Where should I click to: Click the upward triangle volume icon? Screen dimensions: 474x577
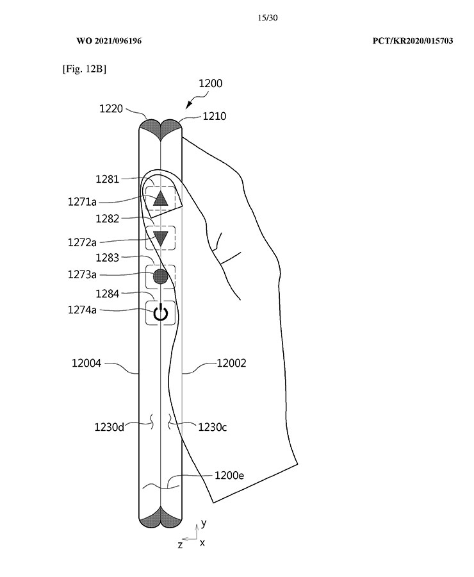click(160, 199)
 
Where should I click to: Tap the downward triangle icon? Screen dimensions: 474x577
click(160, 238)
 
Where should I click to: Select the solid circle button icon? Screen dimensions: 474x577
click(160, 277)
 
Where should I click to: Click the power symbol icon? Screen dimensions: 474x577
click(160, 313)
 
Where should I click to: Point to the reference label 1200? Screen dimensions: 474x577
click(210, 83)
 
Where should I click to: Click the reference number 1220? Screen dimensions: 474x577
click(111, 108)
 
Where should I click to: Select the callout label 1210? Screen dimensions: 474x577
click(215, 116)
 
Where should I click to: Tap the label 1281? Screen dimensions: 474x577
click(108, 180)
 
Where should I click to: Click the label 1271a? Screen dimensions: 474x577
click(82, 202)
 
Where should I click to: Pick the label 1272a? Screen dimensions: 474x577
click(82, 242)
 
